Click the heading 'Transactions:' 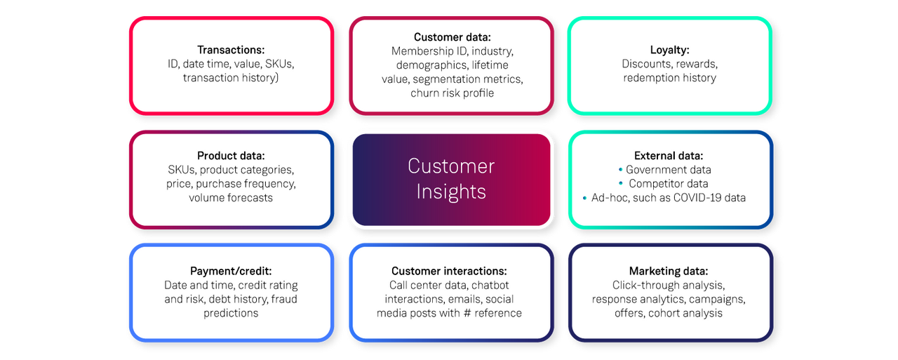coord(230,50)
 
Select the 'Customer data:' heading coord(452,37)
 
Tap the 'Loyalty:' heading coord(669,50)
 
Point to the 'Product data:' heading coord(230,156)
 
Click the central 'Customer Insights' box coord(451,178)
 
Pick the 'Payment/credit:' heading coord(231,271)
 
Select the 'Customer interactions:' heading coord(449,271)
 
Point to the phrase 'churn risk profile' coord(452,93)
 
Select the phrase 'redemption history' coord(669,78)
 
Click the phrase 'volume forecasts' coord(230,198)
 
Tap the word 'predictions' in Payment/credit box coord(231,313)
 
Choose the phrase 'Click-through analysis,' coord(668,285)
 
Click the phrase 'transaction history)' coord(231,78)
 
